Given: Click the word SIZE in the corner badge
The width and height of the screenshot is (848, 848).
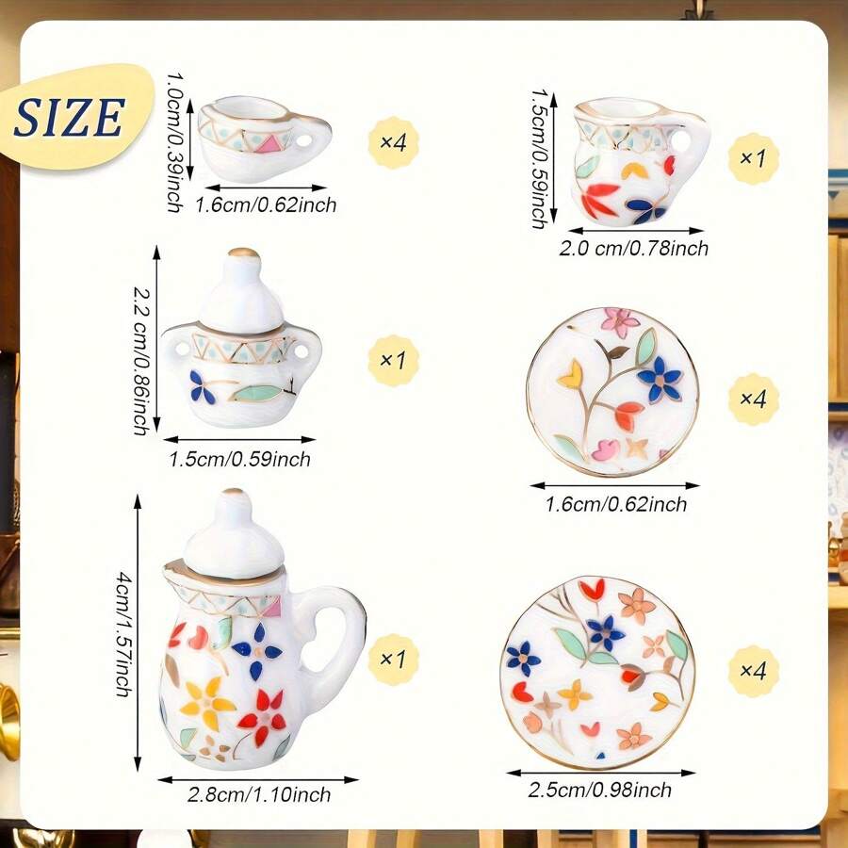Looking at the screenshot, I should coord(70,117).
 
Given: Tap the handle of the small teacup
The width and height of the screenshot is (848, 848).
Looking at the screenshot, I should coord(312,142).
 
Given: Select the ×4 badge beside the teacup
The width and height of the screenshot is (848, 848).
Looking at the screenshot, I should coord(392,143).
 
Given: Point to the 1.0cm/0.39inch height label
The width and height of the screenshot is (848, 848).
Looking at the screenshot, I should coord(174,140).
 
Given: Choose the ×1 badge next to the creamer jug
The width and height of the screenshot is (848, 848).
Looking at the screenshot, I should coord(754,158).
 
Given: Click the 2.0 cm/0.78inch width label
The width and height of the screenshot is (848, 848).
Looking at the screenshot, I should coord(632,249).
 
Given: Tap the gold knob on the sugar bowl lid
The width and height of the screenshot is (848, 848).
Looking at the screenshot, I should coord(244,253).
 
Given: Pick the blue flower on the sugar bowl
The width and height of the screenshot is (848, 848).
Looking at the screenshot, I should coord(202,385).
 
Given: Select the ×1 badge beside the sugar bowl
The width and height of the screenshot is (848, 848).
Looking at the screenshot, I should coord(392,360).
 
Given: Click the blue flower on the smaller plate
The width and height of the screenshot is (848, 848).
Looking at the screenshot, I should coord(660,379).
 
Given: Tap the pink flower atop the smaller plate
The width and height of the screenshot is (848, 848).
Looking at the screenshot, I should coord(620,321).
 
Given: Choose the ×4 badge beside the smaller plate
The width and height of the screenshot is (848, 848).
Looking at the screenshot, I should coord(754,399).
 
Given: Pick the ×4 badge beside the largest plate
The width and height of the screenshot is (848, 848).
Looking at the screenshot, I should coord(754,671).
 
